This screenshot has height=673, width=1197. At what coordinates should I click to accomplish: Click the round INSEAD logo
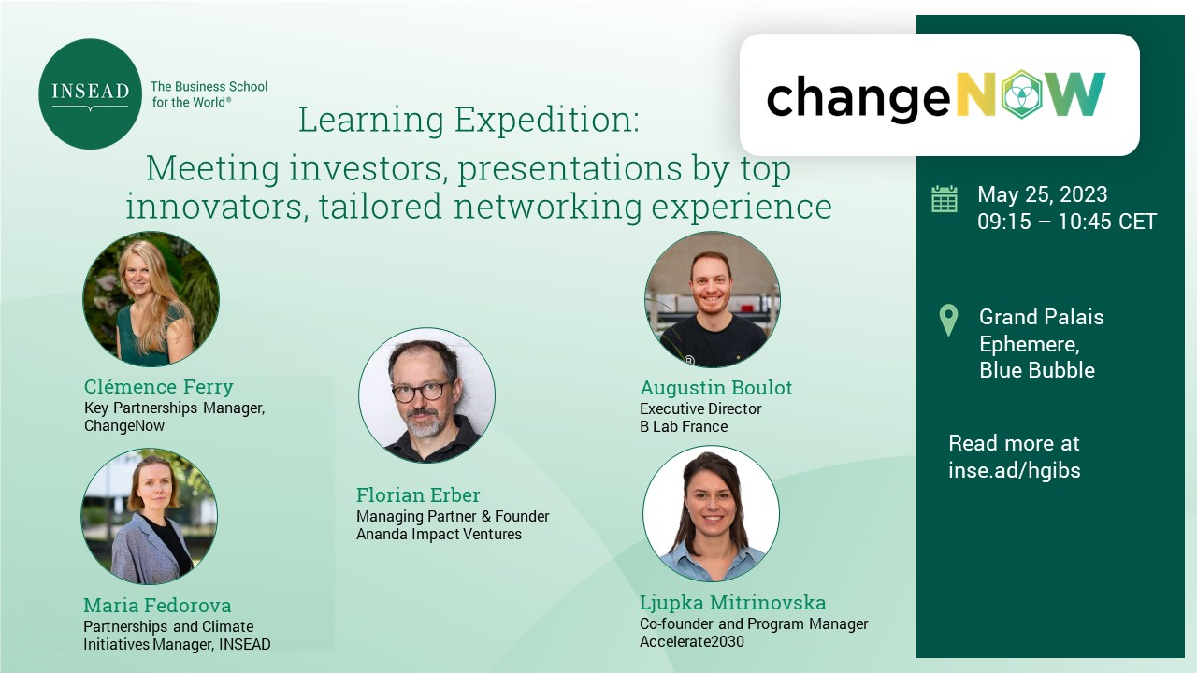90,94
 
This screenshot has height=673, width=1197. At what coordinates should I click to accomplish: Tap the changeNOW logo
936,95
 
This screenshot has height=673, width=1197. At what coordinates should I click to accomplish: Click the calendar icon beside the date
945,199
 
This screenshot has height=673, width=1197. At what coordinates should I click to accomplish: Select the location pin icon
948,320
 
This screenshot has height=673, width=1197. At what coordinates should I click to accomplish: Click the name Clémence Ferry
159,386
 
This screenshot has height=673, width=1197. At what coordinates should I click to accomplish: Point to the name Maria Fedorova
157,605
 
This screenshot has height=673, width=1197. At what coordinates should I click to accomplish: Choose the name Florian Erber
418,494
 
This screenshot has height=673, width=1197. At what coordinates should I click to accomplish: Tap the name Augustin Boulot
716,387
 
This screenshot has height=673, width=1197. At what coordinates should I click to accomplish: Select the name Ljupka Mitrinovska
732,603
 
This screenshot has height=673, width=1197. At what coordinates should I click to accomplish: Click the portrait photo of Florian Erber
426,395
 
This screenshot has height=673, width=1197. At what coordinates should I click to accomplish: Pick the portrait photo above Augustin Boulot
712,299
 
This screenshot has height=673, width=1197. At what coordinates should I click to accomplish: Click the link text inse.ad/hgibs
1015,470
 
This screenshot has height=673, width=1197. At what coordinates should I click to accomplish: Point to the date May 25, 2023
1042,193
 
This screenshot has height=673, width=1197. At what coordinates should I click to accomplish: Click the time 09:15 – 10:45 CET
1067,222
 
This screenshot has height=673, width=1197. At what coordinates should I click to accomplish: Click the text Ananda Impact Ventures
439,534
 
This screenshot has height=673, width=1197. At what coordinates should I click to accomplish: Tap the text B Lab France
684,426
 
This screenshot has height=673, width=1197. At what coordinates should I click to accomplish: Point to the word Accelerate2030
691,641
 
